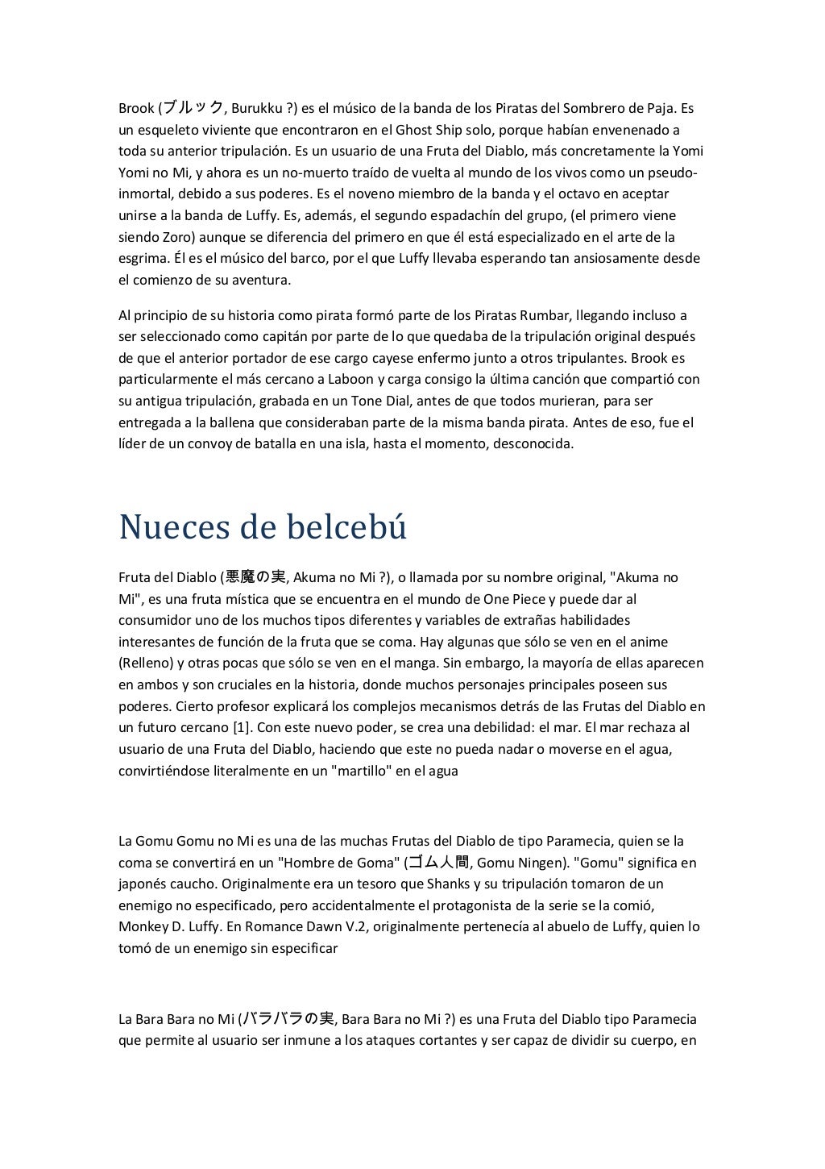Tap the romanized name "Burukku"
[x=256, y=109]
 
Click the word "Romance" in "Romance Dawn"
[x=260, y=926]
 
